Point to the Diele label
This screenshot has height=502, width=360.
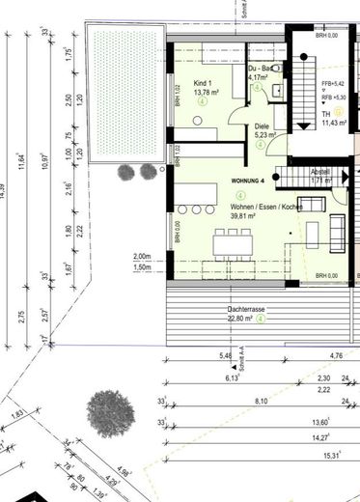[263, 125]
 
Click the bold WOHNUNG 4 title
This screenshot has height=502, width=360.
[252, 181]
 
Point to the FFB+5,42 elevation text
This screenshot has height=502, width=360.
[333, 84]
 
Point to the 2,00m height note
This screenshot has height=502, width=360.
[142, 256]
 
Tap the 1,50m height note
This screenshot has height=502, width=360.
[142, 266]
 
